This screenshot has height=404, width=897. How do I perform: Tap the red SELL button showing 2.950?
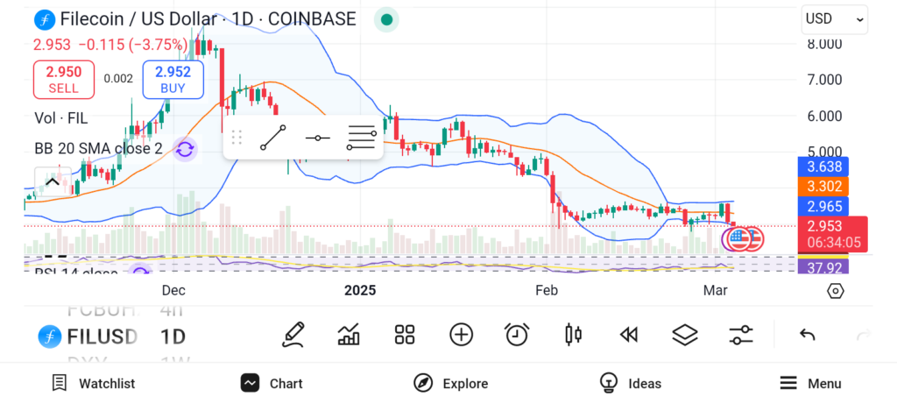[x=63, y=79]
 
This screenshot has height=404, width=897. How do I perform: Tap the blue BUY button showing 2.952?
[x=173, y=79]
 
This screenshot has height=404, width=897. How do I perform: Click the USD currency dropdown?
[x=834, y=18]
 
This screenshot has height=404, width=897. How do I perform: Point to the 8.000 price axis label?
[x=824, y=44]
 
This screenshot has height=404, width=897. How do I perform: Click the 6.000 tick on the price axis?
[x=824, y=116]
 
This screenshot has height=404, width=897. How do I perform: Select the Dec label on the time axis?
[x=173, y=290]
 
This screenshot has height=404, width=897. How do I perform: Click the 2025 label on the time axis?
[x=359, y=290]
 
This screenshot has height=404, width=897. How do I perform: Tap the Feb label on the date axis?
[x=547, y=290]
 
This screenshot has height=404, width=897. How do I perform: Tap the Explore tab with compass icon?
[x=450, y=383]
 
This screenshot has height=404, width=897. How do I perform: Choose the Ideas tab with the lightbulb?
[x=631, y=383]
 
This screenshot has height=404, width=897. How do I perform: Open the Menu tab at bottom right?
[x=810, y=383]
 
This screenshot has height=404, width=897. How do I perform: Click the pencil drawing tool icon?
[x=293, y=334]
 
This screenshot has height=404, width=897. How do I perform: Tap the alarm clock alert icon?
[x=517, y=334]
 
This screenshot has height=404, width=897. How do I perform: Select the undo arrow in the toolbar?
[x=808, y=334]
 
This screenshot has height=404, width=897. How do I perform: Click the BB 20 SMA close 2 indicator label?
[x=98, y=148]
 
